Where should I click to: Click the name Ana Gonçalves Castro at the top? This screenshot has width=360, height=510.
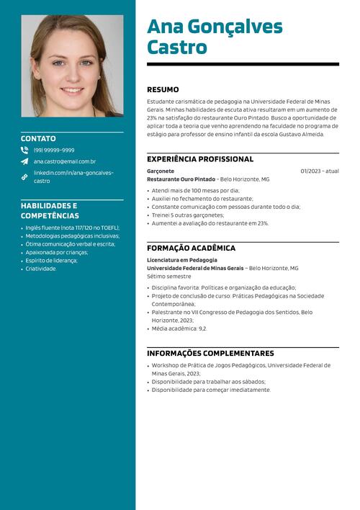tap(215, 37)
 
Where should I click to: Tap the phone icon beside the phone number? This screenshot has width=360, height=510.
tap(24, 151)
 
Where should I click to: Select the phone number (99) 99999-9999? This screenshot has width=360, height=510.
tap(54, 151)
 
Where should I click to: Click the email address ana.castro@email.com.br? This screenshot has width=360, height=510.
tap(65, 161)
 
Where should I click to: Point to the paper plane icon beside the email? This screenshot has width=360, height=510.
tap(24, 161)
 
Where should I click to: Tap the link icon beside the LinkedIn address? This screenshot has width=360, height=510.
tap(24, 176)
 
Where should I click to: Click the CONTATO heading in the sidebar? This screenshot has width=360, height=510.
tap(38, 138)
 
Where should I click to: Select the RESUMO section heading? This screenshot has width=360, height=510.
tap(163, 90)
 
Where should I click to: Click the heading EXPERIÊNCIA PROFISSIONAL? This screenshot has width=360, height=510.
tap(200, 159)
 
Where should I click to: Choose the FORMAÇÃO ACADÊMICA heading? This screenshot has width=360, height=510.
tap(191, 249)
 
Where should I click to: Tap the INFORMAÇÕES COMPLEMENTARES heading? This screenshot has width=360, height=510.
tap(210, 354)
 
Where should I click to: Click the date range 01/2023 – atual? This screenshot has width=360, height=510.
tap(320, 171)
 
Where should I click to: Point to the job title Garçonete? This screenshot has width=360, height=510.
tap(161, 171)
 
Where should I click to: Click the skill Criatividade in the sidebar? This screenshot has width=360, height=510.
tap(40, 269)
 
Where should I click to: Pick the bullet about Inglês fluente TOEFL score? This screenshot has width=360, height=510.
tap(72, 228)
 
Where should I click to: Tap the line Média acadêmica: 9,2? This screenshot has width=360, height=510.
tap(179, 328)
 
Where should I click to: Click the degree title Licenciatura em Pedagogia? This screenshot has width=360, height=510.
tap(181, 260)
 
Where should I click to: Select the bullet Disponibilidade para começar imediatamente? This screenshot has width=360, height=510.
tap(211, 390)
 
